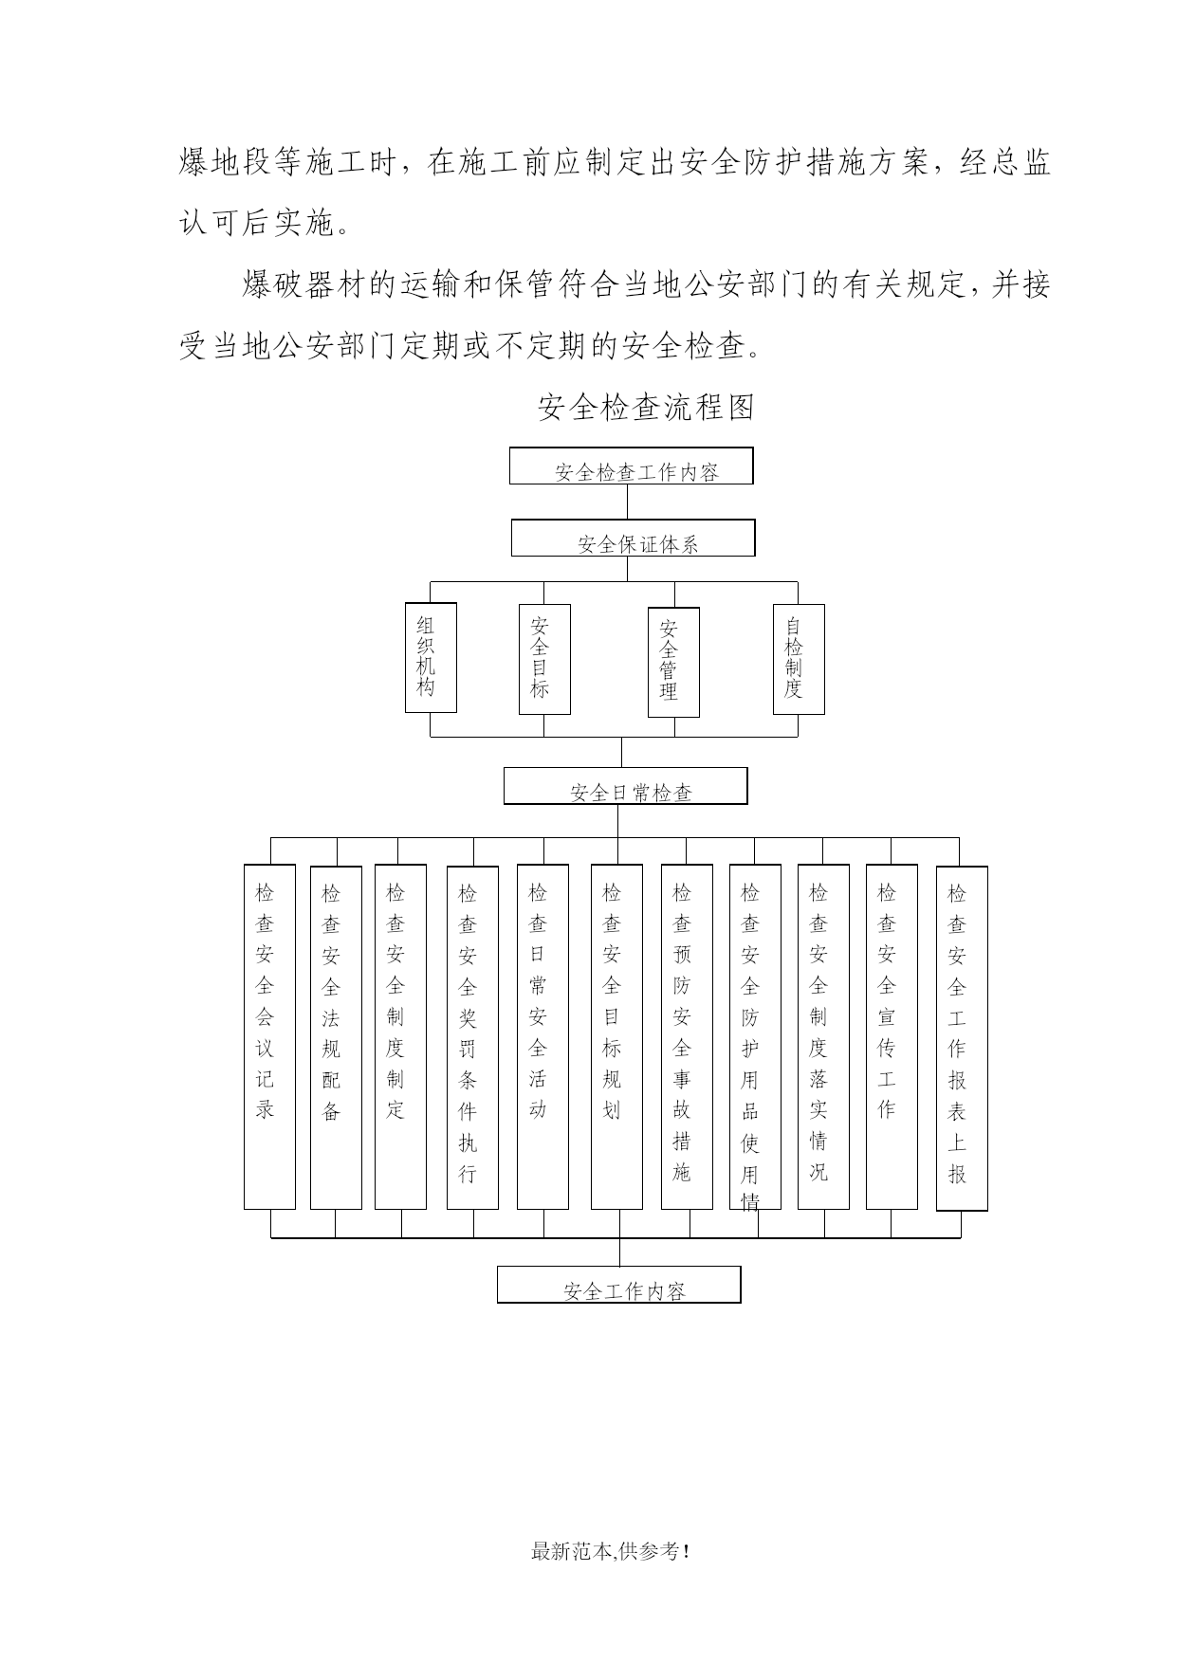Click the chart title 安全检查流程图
[x=646, y=408]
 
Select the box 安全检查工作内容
[x=632, y=466]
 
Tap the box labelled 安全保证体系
[x=634, y=538]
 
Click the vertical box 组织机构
[x=431, y=657]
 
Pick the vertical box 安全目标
[x=545, y=659]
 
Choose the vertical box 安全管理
[x=674, y=662]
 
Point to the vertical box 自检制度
[x=799, y=659]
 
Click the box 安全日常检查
[x=626, y=786]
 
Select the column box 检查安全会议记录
[x=269, y=1036]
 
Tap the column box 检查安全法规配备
[x=336, y=1037]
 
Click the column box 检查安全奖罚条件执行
[x=472, y=1037]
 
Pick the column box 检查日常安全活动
[x=543, y=1036]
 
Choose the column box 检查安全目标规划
[x=616, y=1036]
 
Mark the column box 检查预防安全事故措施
[x=687, y=1036]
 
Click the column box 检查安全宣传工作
[x=892, y=1036]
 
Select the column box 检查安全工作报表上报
[x=962, y=1038]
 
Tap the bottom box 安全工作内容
[x=619, y=1285]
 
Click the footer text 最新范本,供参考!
[x=610, y=1552]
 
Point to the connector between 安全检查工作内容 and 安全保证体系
[x=627, y=502]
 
